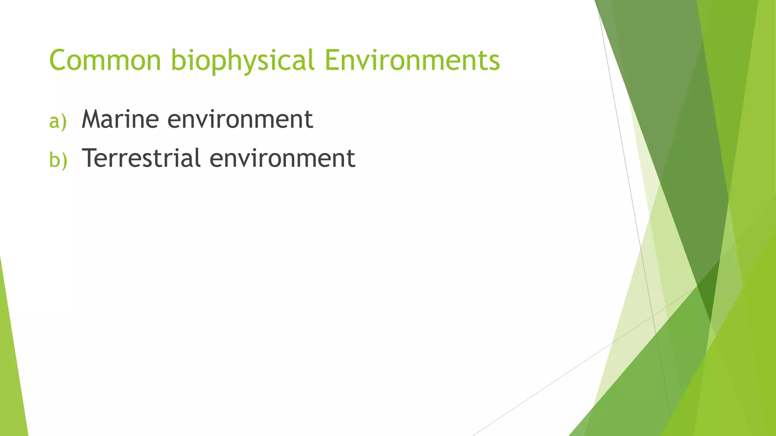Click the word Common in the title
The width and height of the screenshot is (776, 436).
point(105,60)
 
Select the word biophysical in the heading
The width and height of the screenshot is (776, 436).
point(242,60)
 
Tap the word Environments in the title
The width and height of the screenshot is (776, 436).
point(412,60)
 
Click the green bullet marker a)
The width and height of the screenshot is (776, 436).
point(58,121)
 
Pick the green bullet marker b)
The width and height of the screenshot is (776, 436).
point(58,160)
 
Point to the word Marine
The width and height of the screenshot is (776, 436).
point(120,119)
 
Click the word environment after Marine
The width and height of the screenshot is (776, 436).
point(240,119)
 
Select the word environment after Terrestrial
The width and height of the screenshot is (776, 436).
point(282,158)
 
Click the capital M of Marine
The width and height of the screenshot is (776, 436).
point(94,119)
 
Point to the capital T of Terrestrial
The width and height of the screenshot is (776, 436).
point(90,158)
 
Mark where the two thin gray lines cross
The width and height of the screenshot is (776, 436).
point(652,315)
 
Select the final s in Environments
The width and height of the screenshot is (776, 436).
point(494,62)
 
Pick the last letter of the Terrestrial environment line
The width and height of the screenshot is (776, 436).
point(351,159)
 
